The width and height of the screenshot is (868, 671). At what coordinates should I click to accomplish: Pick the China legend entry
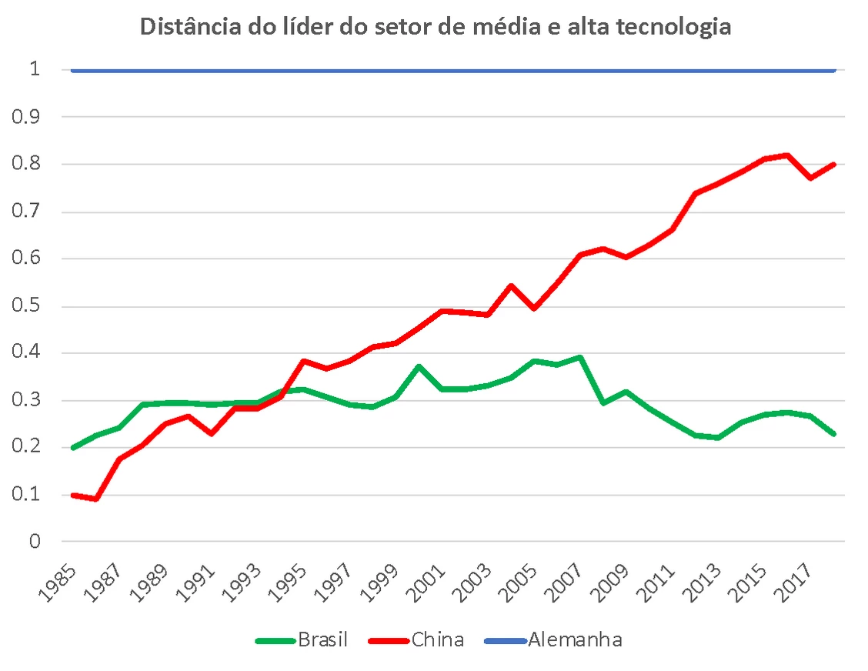tap(438, 639)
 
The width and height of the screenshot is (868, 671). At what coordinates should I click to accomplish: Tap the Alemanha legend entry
tap(575, 639)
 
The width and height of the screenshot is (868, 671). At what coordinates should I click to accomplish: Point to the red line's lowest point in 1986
tap(96, 499)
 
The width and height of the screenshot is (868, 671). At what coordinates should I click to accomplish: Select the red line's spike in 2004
tap(511, 285)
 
